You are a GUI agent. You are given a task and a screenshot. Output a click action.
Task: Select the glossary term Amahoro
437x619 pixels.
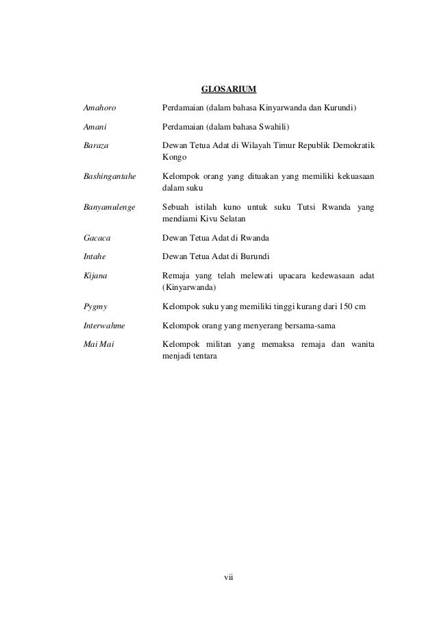click(x=98, y=108)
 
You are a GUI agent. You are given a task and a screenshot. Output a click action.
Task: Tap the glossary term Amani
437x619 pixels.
click(x=95, y=127)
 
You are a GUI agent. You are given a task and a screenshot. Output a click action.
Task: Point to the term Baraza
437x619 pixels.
click(x=95, y=145)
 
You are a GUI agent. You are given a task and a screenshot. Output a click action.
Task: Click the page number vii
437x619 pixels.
click(x=229, y=576)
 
